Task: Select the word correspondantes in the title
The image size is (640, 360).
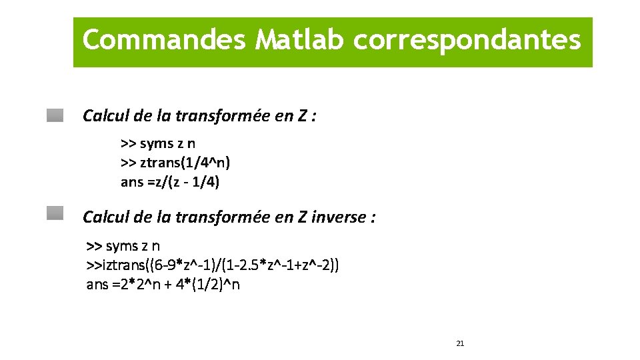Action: pyautogui.click(x=467, y=40)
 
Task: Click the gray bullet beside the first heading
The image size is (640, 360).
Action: pyautogui.click(x=55, y=115)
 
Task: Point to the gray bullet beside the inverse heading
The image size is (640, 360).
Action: pyautogui.click(x=55, y=213)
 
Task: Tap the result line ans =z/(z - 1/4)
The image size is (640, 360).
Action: pyautogui.click(x=169, y=181)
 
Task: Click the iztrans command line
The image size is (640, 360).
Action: pyautogui.click(x=213, y=265)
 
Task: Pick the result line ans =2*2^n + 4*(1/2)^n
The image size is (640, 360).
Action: pyautogui.click(x=163, y=285)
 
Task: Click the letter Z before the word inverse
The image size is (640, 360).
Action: pyautogui.click(x=301, y=217)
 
